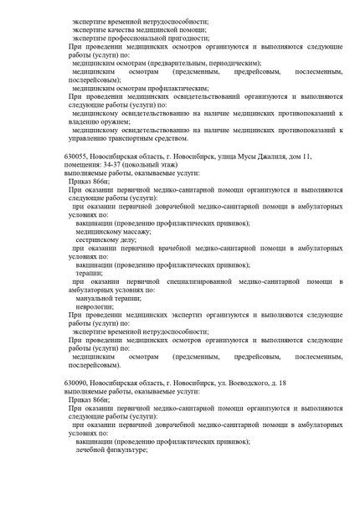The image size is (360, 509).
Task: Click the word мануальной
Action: tap(95, 297)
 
